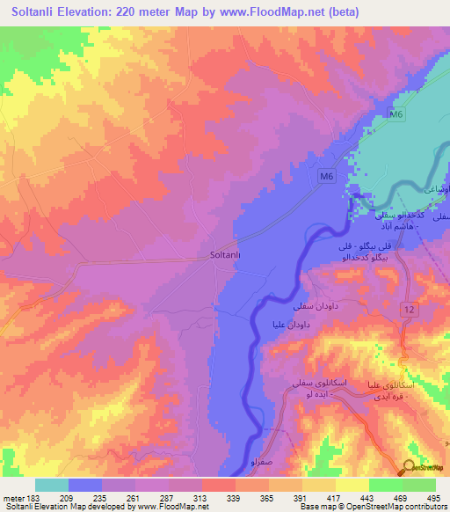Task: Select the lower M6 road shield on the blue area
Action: click(x=326, y=178)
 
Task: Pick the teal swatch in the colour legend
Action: click(x=52, y=484)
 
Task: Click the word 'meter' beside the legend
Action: click(x=13, y=496)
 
